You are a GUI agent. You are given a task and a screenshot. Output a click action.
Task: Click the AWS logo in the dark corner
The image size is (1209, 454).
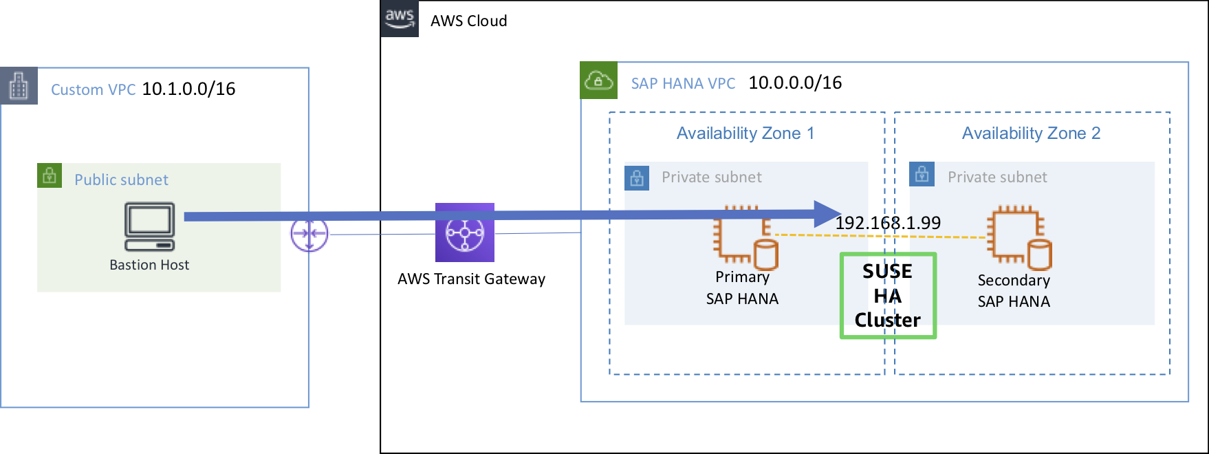(400, 19)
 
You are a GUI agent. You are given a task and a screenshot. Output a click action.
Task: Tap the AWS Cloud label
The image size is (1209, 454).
(468, 21)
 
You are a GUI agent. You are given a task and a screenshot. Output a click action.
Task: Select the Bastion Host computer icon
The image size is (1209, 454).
(150, 226)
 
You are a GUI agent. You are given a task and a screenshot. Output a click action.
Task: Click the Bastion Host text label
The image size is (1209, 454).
(149, 266)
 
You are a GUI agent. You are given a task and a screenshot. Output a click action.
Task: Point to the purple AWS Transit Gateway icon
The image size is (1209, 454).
(465, 233)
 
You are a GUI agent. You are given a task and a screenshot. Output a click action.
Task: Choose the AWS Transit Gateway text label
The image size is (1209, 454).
(471, 279)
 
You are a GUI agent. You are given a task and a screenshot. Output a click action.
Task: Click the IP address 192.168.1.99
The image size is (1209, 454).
(888, 223)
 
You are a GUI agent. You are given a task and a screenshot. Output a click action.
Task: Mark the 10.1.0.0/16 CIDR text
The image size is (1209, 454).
(188, 89)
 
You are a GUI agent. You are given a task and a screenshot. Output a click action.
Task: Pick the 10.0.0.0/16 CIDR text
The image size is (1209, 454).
(795, 83)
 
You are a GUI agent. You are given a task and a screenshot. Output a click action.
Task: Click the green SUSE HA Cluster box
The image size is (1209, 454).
(888, 296)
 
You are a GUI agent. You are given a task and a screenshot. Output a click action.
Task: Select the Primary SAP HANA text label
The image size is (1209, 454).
(742, 288)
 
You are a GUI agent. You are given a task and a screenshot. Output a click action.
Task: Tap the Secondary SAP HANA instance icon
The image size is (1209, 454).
(1019, 237)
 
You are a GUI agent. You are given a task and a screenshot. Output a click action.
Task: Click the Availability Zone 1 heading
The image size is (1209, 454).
(745, 133)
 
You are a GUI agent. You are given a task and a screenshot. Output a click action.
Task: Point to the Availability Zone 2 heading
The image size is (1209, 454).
(1031, 133)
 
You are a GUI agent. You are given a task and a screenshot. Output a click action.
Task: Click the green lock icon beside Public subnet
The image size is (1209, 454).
(50, 175)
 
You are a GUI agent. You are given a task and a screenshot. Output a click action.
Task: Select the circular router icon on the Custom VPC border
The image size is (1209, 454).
(309, 235)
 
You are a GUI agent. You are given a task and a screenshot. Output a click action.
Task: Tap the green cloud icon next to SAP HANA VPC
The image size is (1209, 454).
(598, 80)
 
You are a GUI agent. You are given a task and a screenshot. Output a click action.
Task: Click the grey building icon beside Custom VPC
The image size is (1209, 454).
(19, 86)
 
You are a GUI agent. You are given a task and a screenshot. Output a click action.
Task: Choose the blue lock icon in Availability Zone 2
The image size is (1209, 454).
(922, 175)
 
